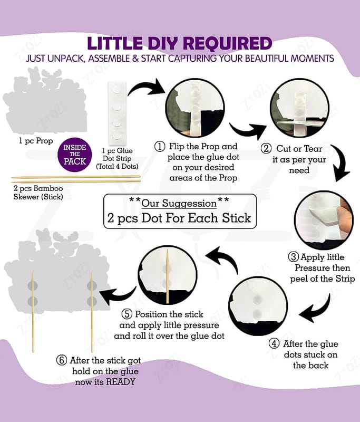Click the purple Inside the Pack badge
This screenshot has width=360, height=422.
click(x=75, y=155)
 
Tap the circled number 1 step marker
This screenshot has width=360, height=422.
click(x=160, y=147)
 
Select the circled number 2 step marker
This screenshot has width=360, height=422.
click(x=266, y=149)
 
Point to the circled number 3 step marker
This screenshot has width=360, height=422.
click(x=293, y=257)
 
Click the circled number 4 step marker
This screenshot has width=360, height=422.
click(x=274, y=343)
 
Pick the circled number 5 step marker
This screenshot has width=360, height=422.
click(x=127, y=314)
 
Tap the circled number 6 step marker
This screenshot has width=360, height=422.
click(x=61, y=360)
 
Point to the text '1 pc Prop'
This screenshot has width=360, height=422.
click(x=36, y=141)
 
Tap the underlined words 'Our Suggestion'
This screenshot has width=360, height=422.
click(x=179, y=204)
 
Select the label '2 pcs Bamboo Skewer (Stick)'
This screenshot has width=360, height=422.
click(x=38, y=193)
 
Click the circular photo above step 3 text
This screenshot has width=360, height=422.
click(x=324, y=220)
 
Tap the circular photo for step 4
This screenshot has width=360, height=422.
click(x=258, y=306)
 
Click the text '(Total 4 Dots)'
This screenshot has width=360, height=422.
click(x=117, y=166)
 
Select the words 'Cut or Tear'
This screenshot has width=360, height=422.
click(x=299, y=149)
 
